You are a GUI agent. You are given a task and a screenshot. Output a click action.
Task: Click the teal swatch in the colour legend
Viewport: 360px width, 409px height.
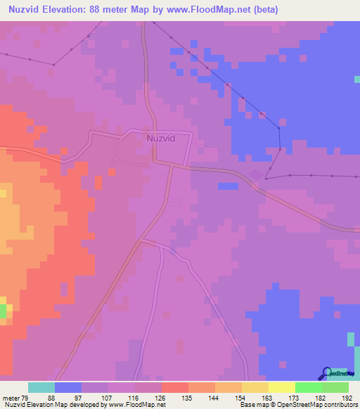click(41, 387)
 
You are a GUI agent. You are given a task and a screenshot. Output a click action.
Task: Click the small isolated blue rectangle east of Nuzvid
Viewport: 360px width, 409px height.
click(227, 186)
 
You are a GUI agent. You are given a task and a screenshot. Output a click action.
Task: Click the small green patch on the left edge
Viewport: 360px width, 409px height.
click(3, 310)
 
